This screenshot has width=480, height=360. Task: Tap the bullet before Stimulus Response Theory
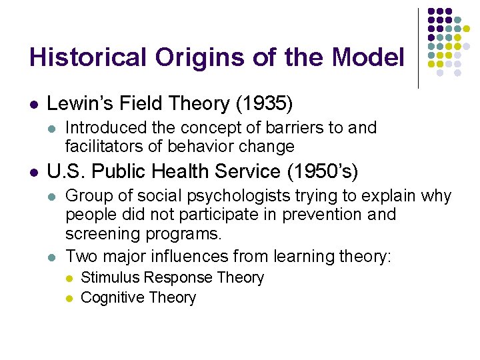point(69,278)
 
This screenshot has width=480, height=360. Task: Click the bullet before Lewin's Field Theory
point(33,105)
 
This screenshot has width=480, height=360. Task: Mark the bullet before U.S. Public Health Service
point(33,173)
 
